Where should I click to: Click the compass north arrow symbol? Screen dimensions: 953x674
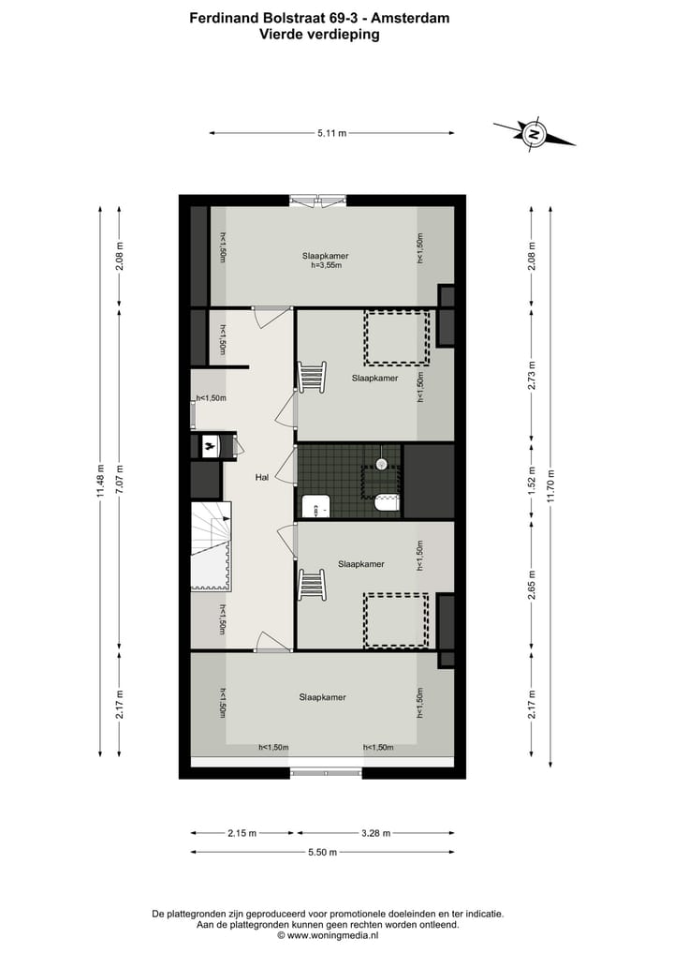pyautogui.click(x=534, y=134)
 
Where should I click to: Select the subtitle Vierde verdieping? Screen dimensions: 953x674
pyautogui.click(x=319, y=34)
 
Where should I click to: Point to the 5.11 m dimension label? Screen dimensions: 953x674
pyautogui.click(x=331, y=134)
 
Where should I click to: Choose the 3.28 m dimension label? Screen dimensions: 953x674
pyautogui.click(x=375, y=833)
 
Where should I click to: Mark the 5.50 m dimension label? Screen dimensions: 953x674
pyautogui.click(x=321, y=852)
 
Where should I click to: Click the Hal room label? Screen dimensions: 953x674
pyautogui.click(x=263, y=478)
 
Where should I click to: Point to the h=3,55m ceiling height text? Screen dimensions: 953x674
pyautogui.click(x=327, y=266)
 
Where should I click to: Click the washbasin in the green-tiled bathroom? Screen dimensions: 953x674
pyautogui.click(x=316, y=507)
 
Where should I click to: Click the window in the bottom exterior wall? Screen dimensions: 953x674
pyautogui.click(x=325, y=772)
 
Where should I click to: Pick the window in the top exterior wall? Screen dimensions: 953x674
pyautogui.click(x=318, y=199)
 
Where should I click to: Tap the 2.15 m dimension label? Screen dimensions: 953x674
pyautogui.click(x=242, y=833)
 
